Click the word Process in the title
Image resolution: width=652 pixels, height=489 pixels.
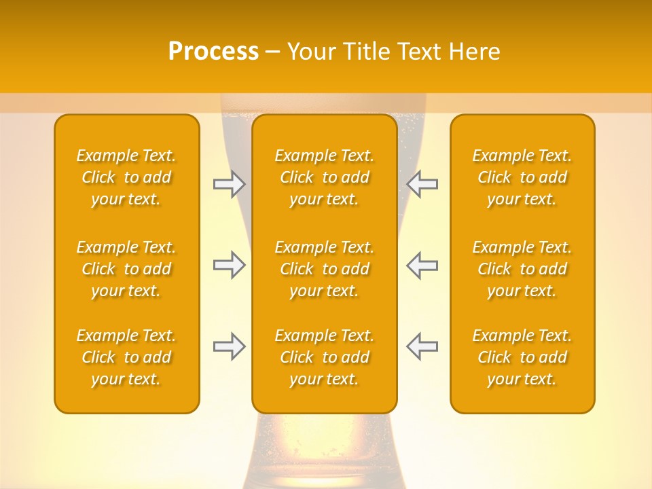click(213, 52)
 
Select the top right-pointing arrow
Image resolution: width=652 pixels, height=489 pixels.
click(229, 184)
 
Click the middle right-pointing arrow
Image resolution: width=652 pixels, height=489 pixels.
click(229, 265)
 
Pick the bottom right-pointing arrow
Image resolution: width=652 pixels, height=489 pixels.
click(229, 346)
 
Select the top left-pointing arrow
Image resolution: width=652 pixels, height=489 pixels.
click(422, 184)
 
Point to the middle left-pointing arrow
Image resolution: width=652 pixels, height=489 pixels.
click(422, 265)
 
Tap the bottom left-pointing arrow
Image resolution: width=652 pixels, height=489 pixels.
click(422, 346)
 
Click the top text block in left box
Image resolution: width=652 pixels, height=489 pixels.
click(126, 177)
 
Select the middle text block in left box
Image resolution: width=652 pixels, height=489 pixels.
click(126, 269)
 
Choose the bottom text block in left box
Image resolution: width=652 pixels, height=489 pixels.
click(126, 357)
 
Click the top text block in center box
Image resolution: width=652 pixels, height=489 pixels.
click(324, 177)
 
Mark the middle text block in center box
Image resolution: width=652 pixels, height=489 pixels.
click(324, 269)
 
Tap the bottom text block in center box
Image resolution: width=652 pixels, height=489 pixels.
click(324, 357)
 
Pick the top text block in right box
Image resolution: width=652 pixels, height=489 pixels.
click(522, 177)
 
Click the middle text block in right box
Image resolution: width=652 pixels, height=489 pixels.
click(522, 269)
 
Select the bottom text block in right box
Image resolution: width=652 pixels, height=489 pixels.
click(522, 357)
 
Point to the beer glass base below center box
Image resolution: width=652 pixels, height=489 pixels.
click(324, 452)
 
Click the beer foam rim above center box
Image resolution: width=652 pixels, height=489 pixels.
click(324, 103)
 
